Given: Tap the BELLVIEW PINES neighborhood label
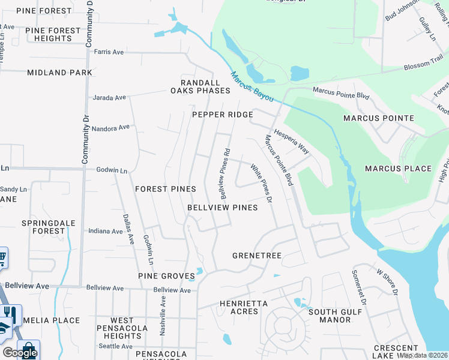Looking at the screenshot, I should [x=222, y=208].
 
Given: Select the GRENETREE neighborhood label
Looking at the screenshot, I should [x=257, y=256].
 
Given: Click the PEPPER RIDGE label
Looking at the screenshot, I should [x=221, y=115].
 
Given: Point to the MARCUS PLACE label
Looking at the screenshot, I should [x=398, y=169].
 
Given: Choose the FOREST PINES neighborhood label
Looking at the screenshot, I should [x=166, y=189].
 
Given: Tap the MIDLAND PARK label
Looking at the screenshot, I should [x=59, y=73].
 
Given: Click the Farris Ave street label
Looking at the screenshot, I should [x=109, y=52].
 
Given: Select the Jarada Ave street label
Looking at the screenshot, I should [x=109, y=97].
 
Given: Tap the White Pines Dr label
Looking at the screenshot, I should [x=262, y=183].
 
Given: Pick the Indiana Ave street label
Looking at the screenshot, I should [x=105, y=231].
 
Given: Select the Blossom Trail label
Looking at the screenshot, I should [x=423, y=67].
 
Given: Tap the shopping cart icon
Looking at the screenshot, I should [x=2, y=258].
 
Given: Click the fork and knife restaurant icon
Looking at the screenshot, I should [x=9, y=313].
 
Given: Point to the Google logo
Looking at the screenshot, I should [x=20, y=353].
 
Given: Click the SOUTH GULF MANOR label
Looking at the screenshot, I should [x=335, y=316].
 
